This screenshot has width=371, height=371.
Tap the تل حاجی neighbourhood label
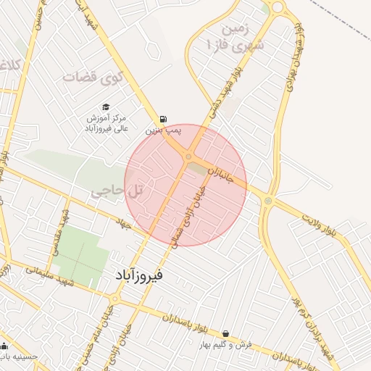click(119, 190)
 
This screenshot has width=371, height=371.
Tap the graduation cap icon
click(105, 107)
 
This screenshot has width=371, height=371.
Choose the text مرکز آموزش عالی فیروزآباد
click(106, 122)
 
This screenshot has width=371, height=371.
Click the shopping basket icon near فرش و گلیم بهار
click(226, 334)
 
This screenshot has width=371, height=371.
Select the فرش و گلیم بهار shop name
click(227, 345)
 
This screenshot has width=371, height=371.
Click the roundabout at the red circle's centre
click(188, 157)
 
